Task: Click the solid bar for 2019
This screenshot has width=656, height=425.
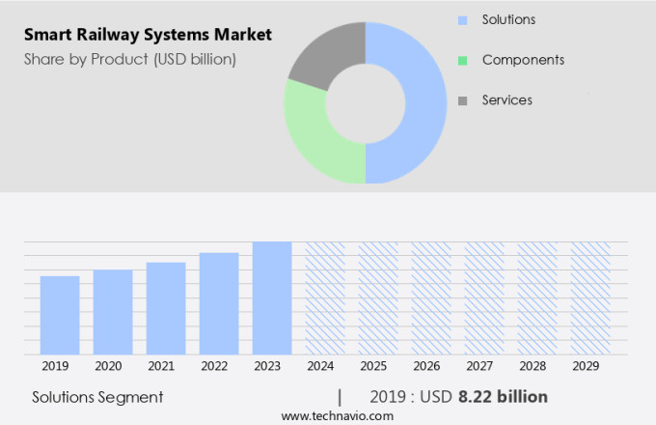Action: tap(60, 316)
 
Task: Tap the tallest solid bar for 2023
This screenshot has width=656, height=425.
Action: tap(272, 298)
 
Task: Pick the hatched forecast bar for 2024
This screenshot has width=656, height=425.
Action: tap(325, 298)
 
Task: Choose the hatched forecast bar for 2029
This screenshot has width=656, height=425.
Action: tap(589, 298)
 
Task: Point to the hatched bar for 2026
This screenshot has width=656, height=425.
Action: tap(431, 298)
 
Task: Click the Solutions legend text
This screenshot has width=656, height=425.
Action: tap(508, 19)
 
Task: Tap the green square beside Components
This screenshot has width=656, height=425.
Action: tap(462, 60)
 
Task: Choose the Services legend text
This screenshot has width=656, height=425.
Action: tap(506, 99)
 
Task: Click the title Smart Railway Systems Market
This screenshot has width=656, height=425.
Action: tap(148, 35)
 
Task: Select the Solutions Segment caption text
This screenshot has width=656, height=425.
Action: tap(97, 397)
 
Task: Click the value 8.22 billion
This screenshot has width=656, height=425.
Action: tap(503, 397)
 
